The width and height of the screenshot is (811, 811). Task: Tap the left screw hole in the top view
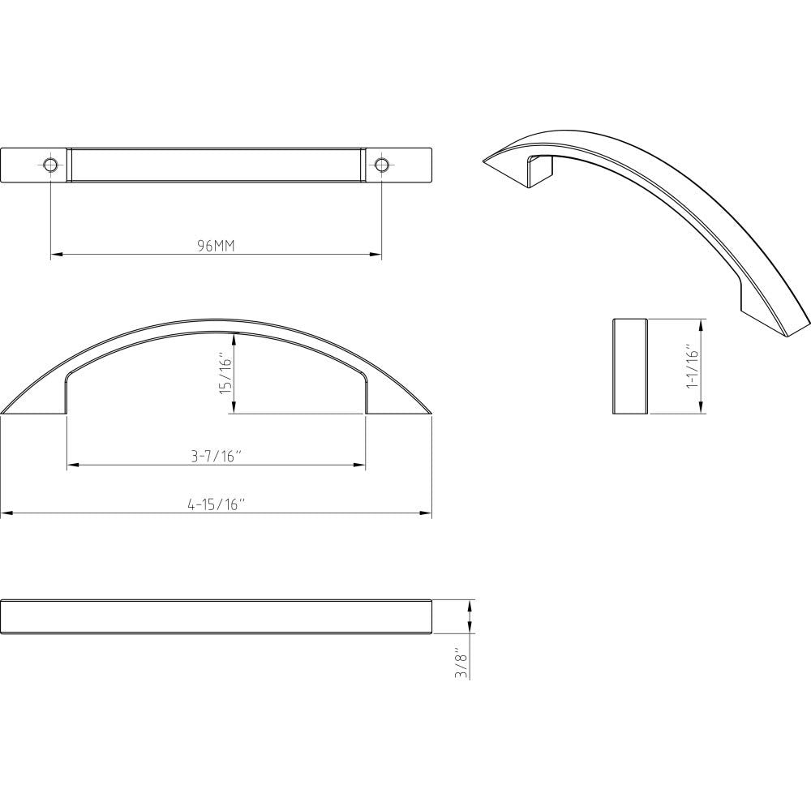tap(50, 165)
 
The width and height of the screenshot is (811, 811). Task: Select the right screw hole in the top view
tap(381, 165)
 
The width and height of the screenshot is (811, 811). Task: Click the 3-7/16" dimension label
tap(216, 457)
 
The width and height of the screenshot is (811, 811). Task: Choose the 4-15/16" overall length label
tap(216, 504)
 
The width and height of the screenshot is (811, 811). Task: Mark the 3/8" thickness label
tap(461, 663)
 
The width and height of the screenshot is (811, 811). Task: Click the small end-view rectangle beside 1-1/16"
tap(629, 366)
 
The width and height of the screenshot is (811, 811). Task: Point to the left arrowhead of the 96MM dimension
tap(55, 255)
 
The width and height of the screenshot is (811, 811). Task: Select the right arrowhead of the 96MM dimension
tap(376, 255)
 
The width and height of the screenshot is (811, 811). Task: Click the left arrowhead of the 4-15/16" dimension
tap(6, 513)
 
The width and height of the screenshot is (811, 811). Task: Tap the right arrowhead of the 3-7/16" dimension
tap(360, 465)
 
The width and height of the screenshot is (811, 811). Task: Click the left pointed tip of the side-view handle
tap(4, 413)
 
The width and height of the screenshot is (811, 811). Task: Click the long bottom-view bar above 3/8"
tap(216, 616)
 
